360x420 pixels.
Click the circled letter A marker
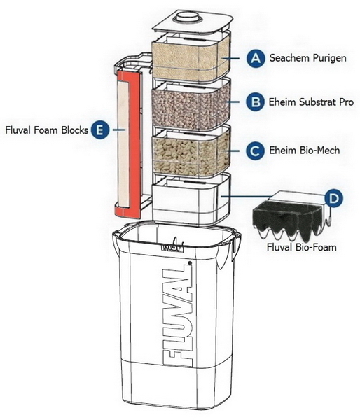[x=256, y=58]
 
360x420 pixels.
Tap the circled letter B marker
[x=256, y=101]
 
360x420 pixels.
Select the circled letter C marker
[x=256, y=150]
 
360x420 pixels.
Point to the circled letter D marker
[x=333, y=198]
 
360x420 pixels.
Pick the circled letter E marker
[x=100, y=130]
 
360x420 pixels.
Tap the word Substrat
[x=316, y=102]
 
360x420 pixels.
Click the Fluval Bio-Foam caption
[x=302, y=247]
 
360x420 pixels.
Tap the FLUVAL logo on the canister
[x=177, y=316]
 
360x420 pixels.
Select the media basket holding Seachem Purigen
[x=191, y=57]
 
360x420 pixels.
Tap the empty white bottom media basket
[x=191, y=199]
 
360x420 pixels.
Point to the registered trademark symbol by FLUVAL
[x=190, y=262]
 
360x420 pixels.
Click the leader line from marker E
[x=119, y=130]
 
